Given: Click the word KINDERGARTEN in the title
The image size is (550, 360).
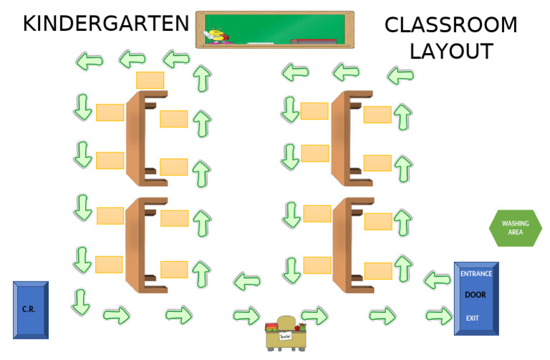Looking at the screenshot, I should tap(106, 24).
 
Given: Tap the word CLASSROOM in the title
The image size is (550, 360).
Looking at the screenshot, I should tap(450, 25).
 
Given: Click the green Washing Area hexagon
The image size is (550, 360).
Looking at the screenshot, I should tap(515, 228).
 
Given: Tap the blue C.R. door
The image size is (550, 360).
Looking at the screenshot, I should tap(31, 309).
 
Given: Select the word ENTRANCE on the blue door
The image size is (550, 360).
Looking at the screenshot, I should tap(476, 274).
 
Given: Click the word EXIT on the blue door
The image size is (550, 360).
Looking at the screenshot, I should tap(472, 318).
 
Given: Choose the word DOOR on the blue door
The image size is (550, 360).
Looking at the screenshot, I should tap(476, 295).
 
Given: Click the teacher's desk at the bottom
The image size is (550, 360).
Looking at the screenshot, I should tap(286, 333).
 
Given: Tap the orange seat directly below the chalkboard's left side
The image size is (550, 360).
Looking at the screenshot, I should tap(150, 79).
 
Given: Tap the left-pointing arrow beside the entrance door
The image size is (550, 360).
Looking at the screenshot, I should tap(437, 279).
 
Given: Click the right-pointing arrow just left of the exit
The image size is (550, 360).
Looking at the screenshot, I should tap(438, 316).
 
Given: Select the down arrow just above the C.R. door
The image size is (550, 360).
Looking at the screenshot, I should tap(81, 301).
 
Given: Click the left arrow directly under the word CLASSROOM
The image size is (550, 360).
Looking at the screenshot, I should tap(402, 74).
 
